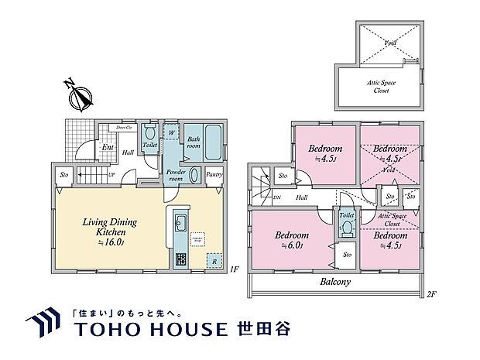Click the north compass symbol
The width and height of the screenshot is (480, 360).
coord(77,98)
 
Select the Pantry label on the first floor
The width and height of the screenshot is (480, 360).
coord(215,174)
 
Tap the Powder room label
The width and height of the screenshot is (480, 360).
coord(177,173)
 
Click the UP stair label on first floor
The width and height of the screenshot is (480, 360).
coord(113,174)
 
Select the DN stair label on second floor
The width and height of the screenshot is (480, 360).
coord(277,198)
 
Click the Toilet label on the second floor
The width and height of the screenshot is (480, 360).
coord(347,214)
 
